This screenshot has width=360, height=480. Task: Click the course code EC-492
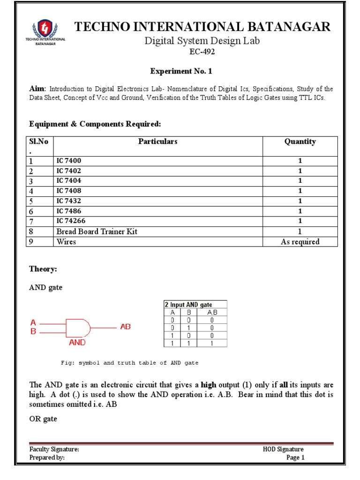(x=202, y=52)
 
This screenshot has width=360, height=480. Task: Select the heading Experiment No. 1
(x=177, y=71)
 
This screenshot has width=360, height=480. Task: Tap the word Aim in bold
(x=37, y=89)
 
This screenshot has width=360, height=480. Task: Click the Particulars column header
(x=158, y=142)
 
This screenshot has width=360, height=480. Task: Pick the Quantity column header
(x=300, y=142)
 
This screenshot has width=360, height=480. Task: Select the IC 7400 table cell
(x=69, y=161)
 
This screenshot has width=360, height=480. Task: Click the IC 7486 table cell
(x=69, y=211)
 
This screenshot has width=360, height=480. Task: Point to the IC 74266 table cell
(x=71, y=221)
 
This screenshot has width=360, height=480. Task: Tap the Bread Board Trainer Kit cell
(x=97, y=232)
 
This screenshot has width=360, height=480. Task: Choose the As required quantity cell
(x=300, y=242)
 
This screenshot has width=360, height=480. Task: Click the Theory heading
(x=43, y=269)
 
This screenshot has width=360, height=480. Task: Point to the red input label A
(x=33, y=322)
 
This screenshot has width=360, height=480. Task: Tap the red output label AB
(x=126, y=326)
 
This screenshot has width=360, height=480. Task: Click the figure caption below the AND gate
(x=130, y=363)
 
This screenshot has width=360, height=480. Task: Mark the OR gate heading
(x=43, y=419)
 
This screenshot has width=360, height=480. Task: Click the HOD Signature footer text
(x=283, y=450)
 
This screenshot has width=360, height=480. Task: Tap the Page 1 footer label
(x=295, y=458)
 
